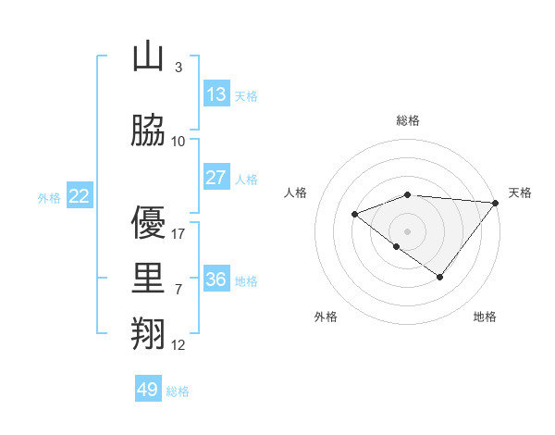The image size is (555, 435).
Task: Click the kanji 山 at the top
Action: [x=148, y=56]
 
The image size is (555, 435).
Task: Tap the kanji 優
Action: [x=148, y=222]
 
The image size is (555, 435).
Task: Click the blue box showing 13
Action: [x=216, y=94]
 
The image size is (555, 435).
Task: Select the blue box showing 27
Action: [x=216, y=178]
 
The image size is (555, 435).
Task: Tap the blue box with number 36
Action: [x=216, y=280]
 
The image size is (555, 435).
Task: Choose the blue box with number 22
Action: [x=80, y=196]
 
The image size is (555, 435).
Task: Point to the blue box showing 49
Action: [x=148, y=390]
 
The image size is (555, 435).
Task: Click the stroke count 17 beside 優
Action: [x=179, y=234]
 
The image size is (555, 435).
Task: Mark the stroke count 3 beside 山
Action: [x=179, y=68]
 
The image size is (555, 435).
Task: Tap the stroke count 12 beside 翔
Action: [x=179, y=345]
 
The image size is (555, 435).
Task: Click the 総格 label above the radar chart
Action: [x=408, y=120]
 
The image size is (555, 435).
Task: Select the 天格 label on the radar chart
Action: [x=520, y=193]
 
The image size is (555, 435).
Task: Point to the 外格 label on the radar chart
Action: [x=326, y=317]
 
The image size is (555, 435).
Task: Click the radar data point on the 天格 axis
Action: [x=496, y=202]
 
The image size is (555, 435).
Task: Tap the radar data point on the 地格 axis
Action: [x=440, y=277]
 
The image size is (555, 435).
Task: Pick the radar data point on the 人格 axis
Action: [x=354, y=214]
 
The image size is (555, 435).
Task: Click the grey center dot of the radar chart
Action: [x=407, y=230]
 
